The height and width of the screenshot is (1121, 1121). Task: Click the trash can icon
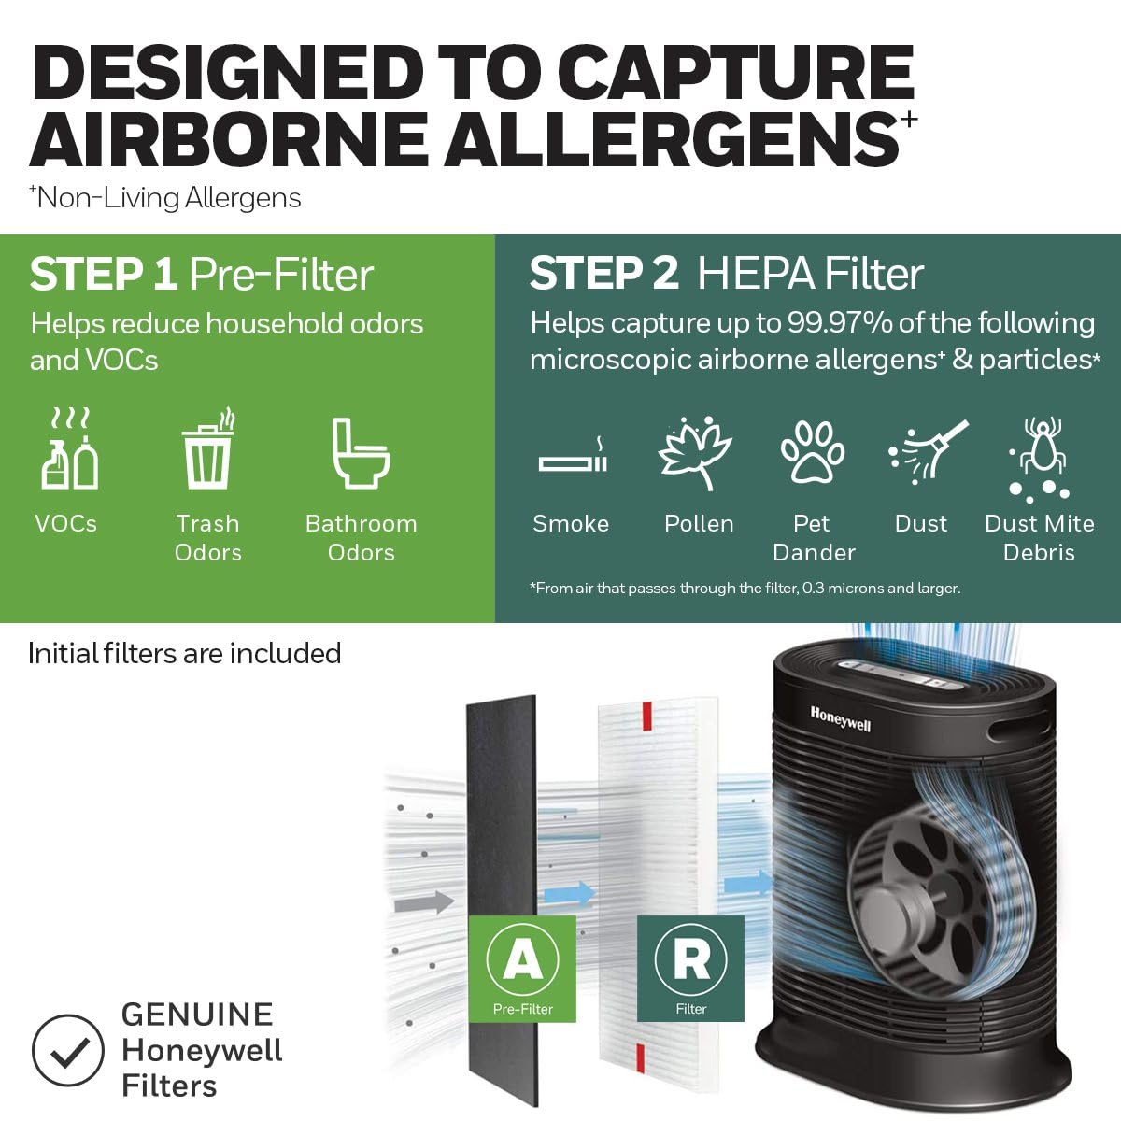208,450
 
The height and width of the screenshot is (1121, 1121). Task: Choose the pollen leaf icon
696,453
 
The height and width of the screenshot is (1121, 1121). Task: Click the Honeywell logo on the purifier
840,718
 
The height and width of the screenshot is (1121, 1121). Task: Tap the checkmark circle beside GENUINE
67,1050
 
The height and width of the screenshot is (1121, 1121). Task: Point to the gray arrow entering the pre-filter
424,902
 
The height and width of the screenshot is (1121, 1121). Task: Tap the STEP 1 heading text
103,275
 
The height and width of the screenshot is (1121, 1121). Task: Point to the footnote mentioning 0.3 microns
745,588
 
